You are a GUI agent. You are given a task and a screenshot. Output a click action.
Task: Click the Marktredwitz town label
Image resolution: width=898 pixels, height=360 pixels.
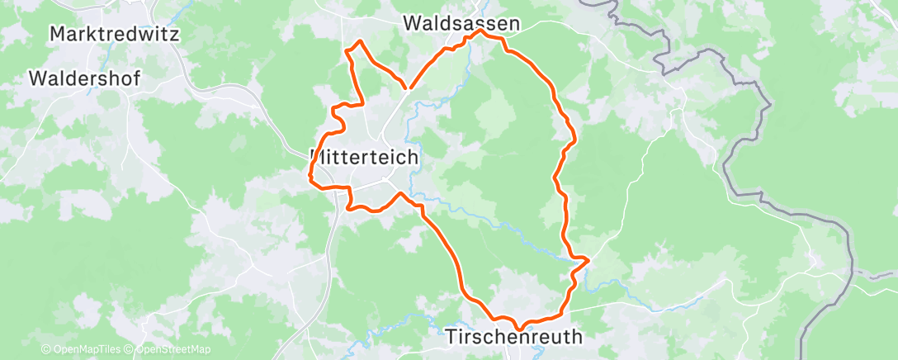click(x=115, y=35)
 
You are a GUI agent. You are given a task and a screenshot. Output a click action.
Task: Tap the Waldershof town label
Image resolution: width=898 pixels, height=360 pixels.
click(x=84, y=79)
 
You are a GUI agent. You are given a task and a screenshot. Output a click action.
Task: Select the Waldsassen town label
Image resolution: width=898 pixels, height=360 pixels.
click(x=462, y=24)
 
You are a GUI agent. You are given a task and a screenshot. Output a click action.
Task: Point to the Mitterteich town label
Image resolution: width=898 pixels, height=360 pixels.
click(x=365, y=156)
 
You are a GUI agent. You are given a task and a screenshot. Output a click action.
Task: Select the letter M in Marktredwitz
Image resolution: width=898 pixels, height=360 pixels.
click(x=58, y=35)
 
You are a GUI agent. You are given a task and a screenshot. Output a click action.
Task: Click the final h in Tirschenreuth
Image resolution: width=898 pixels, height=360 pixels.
click(x=576, y=337)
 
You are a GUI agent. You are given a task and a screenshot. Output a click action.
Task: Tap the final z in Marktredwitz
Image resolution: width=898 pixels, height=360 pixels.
click(x=175, y=35)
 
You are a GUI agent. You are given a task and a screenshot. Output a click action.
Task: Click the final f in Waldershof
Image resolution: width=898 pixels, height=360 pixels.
click(x=136, y=79)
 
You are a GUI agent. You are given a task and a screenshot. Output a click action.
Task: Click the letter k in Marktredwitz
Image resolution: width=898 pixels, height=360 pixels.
click(x=94, y=35)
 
